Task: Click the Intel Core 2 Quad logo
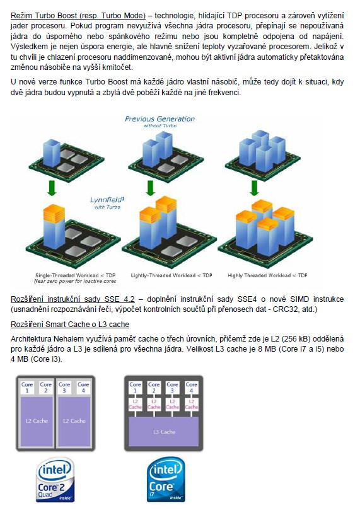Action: (x=55, y=480)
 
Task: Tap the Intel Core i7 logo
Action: (x=166, y=480)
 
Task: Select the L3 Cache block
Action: (x=164, y=432)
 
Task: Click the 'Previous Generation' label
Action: (x=160, y=119)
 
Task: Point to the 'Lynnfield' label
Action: (x=107, y=200)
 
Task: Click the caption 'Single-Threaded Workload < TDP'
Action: (x=76, y=275)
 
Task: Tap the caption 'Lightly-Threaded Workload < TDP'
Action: (x=171, y=275)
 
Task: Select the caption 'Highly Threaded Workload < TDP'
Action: (x=267, y=275)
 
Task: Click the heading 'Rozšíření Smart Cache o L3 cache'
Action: (x=70, y=324)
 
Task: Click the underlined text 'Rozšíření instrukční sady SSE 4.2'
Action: (x=73, y=299)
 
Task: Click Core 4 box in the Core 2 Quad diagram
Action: (x=83, y=387)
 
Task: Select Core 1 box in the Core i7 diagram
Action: (x=135, y=387)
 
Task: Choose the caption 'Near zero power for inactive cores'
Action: (x=76, y=281)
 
